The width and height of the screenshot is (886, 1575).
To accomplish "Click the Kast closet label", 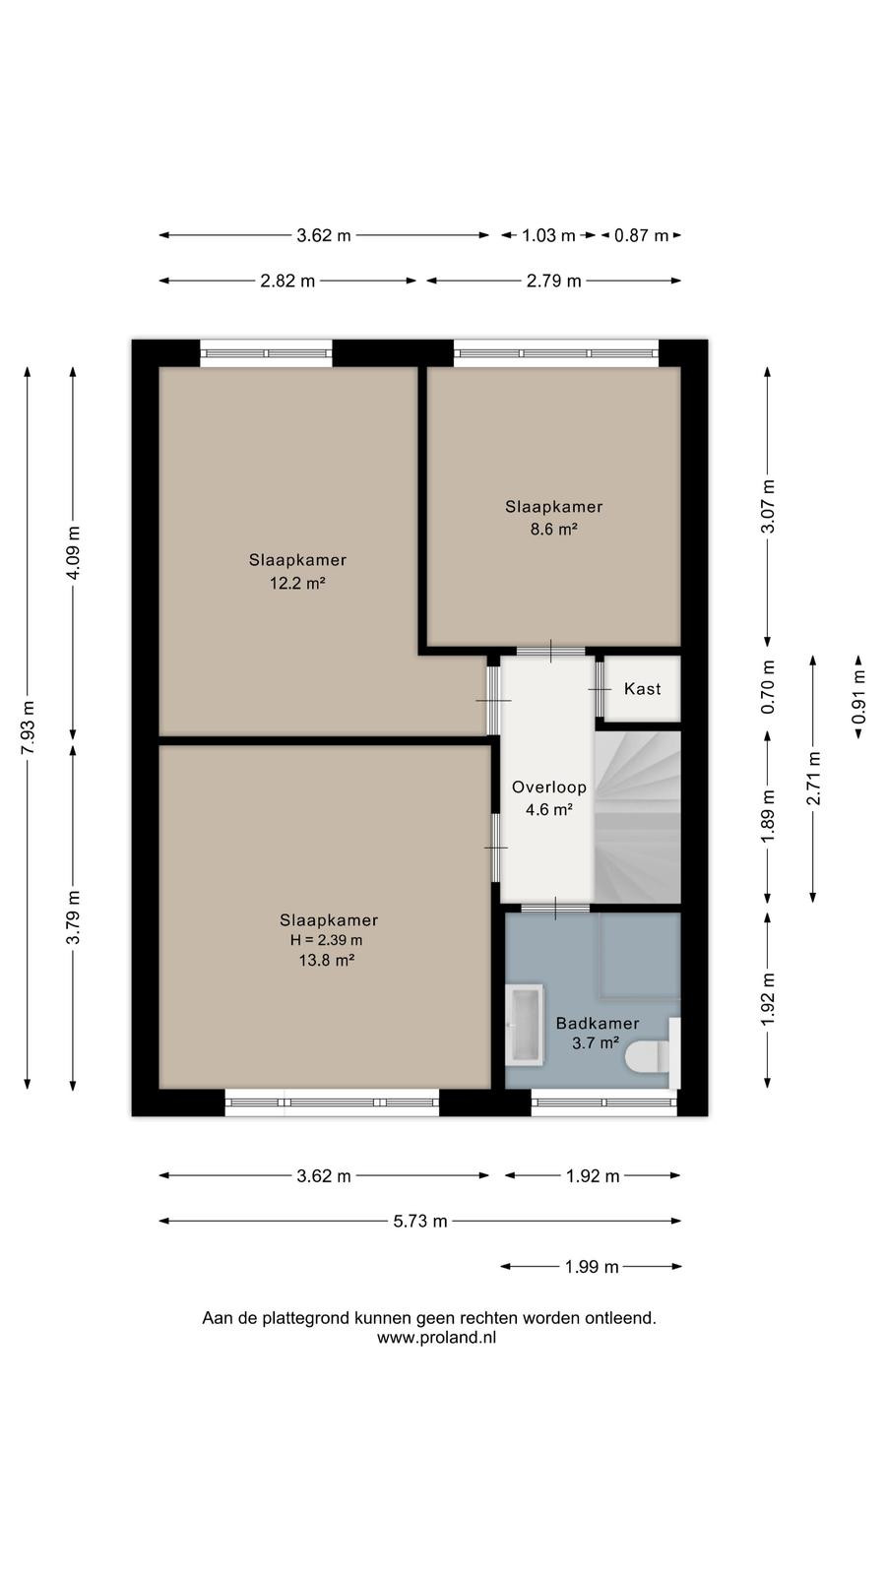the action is click(642, 688).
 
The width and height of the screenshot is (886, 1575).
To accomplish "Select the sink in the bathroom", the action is click(525, 1025).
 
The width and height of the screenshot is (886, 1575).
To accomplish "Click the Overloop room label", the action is click(548, 787).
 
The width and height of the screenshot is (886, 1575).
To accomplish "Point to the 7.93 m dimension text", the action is click(28, 728).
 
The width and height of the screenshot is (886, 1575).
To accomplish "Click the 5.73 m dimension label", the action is click(419, 1222).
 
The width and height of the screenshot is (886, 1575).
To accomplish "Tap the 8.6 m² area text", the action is click(553, 529).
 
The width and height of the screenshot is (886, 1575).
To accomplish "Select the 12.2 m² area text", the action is click(297, 582).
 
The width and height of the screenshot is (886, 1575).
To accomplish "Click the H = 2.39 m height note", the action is click(326, 940).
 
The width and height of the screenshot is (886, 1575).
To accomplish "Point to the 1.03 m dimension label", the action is click(548, 235).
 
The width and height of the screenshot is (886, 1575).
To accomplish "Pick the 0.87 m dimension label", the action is click(641, 235).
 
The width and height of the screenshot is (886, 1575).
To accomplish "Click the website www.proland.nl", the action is click(437, 1338).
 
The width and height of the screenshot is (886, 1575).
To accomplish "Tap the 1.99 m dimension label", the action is click(592, 1267).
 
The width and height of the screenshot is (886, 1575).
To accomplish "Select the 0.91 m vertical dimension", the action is click(858, 696).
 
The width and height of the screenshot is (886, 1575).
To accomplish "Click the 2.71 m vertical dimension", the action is click(813, 779).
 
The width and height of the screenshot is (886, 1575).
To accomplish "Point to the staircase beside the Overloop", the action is click(639, 817).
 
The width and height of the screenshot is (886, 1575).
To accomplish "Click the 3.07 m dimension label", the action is click(768, 506).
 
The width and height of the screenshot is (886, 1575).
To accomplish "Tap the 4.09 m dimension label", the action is click(73, 552).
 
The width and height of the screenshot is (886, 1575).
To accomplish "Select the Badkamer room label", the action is click(597, 1024).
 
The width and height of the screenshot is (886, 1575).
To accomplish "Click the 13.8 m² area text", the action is click(326, 960).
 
